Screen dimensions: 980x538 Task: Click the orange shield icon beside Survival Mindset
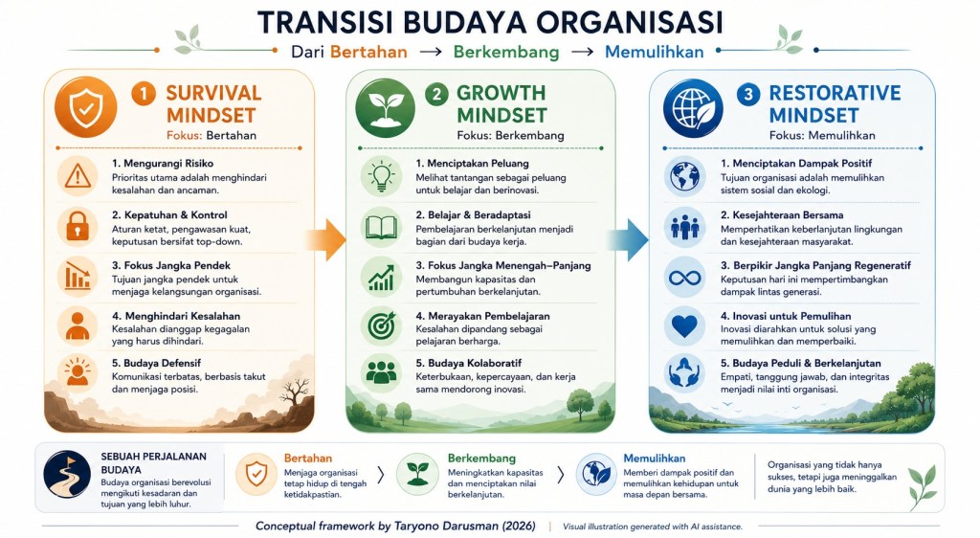coord(85,107)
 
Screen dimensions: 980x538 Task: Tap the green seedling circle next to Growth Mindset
coord(385,107)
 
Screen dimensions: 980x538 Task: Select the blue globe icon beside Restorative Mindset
coord(693,107)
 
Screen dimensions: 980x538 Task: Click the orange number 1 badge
coord(144,95)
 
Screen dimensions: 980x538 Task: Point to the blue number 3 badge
coord(748,95)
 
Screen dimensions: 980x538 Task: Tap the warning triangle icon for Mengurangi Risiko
coord(78,176)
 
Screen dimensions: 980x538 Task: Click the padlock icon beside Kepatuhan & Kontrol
coord(78,227)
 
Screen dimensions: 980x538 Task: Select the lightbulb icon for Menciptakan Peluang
coord(381,176)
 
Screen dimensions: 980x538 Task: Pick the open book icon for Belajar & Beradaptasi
coord(381,227)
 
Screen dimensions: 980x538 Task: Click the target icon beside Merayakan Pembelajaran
coord(381,325)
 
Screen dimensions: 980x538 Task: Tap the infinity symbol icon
coord(685,277)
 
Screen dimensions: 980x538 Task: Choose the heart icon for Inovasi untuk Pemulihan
coord(685,325)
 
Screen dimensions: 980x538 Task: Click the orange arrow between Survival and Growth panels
coord(326,239)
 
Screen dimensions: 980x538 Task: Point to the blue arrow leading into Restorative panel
coord(629,239)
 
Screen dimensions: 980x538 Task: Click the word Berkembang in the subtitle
coord(506,52)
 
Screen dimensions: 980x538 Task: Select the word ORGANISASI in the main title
coord(630,23)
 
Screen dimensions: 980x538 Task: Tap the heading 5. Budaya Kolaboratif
coord(468,363)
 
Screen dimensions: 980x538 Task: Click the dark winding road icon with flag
coord(67,474)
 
